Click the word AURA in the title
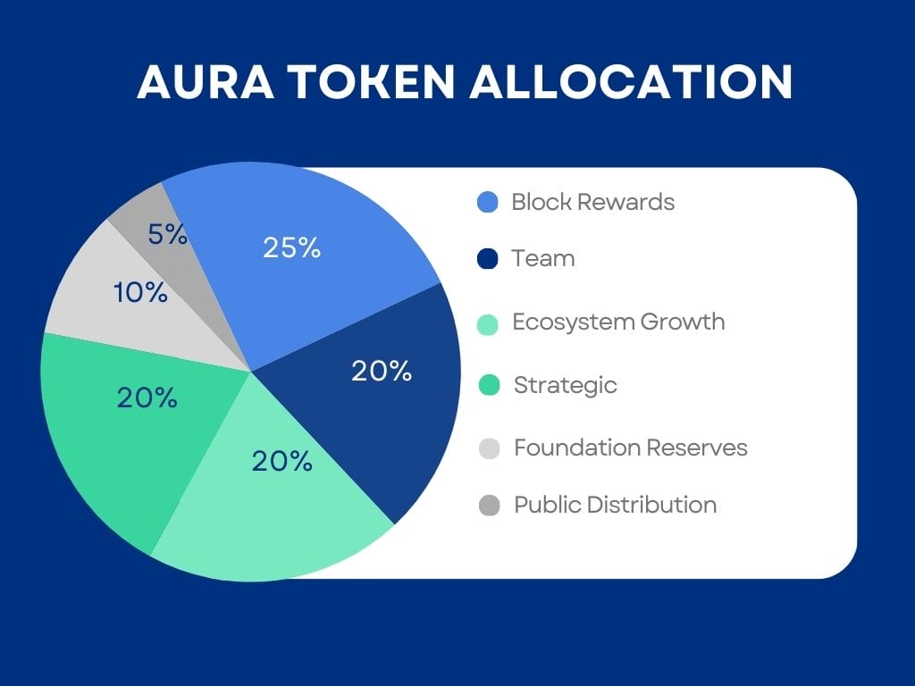coord(206,81)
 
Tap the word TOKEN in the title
coord(371,81)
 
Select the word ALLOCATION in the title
coord(631,81)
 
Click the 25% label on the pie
coord(292,247)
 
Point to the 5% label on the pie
coord(167,235)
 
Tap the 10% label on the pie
coord(140,292)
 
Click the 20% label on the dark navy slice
coord(382,371)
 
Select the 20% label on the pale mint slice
coord(281,462)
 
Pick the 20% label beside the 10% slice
coord(147,397)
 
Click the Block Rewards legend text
coord(593,202)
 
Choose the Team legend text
coord(543,258)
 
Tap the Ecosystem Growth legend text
coord(618,322)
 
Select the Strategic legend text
coord(565,386)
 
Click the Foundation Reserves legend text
coord(630,448)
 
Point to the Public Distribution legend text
coord(615,506)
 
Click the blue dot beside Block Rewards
coord(488,203)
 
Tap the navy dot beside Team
coord(488,259)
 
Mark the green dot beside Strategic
coord(489,386)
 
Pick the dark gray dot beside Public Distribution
coord(489,506)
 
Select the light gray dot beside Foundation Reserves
coord(489,448)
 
